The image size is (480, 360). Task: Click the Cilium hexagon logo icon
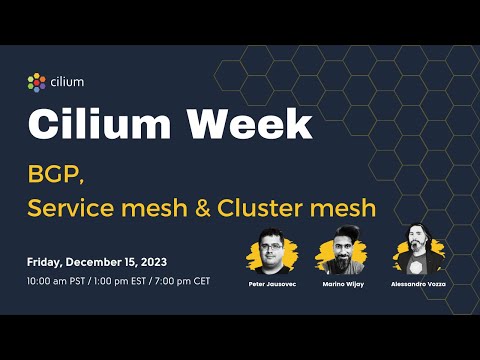36,82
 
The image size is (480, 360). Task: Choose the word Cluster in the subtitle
274,209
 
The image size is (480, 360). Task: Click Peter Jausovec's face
272,248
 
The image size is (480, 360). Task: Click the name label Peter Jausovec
273,285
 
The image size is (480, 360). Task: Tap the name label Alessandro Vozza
417,285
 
